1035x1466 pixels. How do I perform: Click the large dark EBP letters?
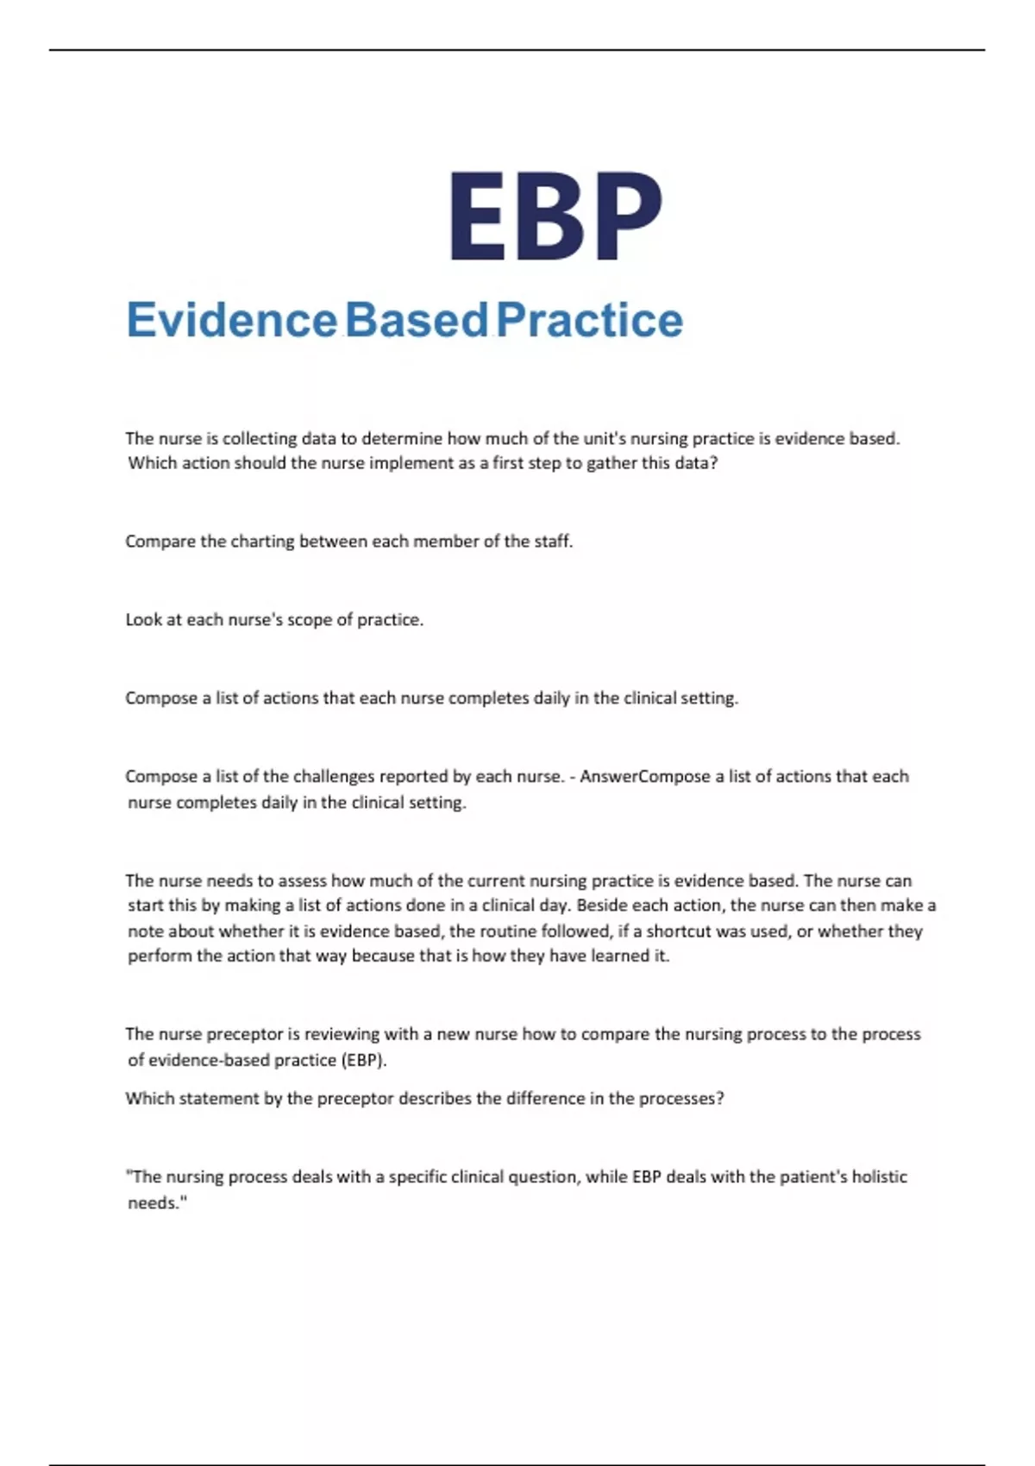(x=555, y=216)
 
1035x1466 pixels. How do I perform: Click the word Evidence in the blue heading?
(x=231, y=320)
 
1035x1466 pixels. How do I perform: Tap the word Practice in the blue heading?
(x=590, y=320)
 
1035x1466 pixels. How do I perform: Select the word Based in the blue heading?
(x=417, y=320)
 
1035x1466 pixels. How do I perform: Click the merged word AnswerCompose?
(x=645, y=776)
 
